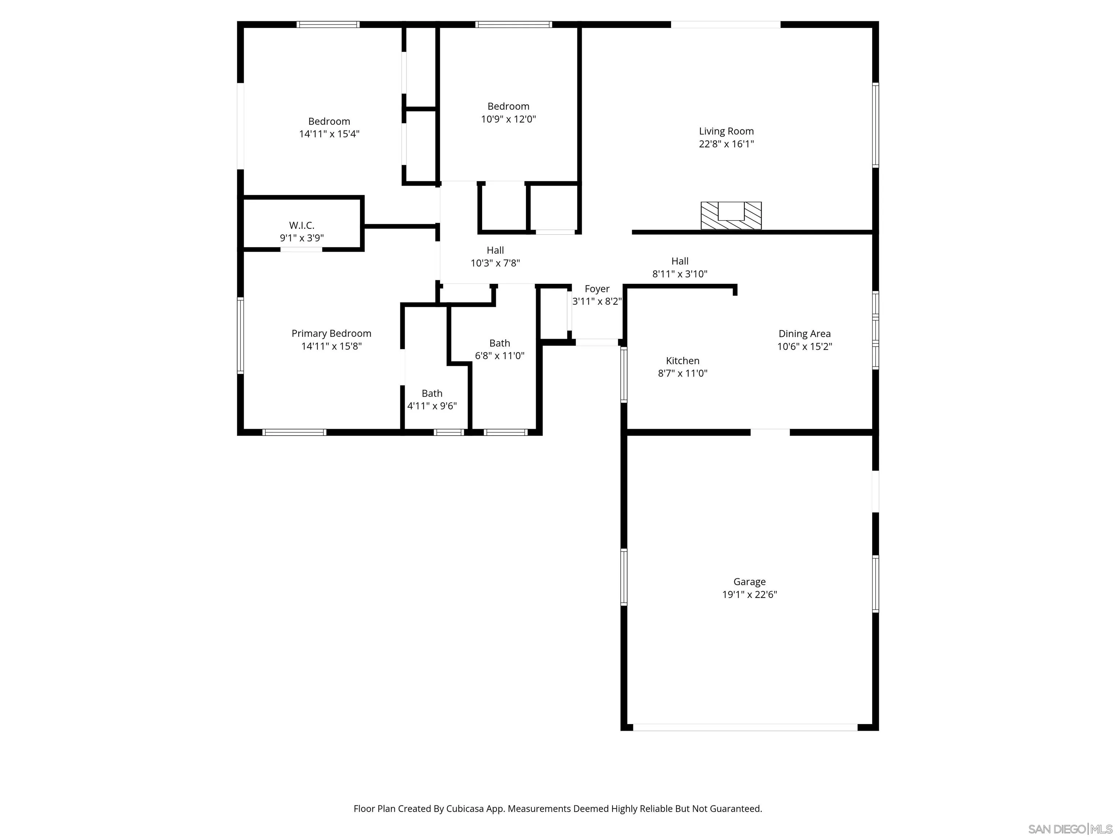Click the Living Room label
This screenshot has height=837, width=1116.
(x=726, y=131)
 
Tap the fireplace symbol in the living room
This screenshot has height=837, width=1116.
(x=731, y=215)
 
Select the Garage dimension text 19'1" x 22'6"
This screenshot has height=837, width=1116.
(x=749, y=594)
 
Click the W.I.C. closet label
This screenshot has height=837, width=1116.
(x=302, y=226)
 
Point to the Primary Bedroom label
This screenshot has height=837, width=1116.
(x=331, y=333)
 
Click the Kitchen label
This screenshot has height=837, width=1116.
(x=682, y=361)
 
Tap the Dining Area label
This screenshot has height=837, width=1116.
(x=804, y=333)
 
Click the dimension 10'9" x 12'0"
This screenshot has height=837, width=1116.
(x=508, y=119)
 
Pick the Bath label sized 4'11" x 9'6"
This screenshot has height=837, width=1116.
(x=432, y=393)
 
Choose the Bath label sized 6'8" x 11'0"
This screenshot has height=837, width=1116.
(x=500, y=343)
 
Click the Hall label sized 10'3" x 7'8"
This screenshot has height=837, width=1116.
(x=495, y=250)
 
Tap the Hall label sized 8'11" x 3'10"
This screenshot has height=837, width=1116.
(x=680, y=261)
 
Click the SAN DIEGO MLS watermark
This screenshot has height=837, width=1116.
(x=1069, y=829)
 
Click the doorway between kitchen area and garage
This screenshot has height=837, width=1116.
(x=770, y=432)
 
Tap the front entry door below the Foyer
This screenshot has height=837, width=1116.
(x=597, y=343)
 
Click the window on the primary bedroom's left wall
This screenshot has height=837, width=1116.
(x=240, y=336)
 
